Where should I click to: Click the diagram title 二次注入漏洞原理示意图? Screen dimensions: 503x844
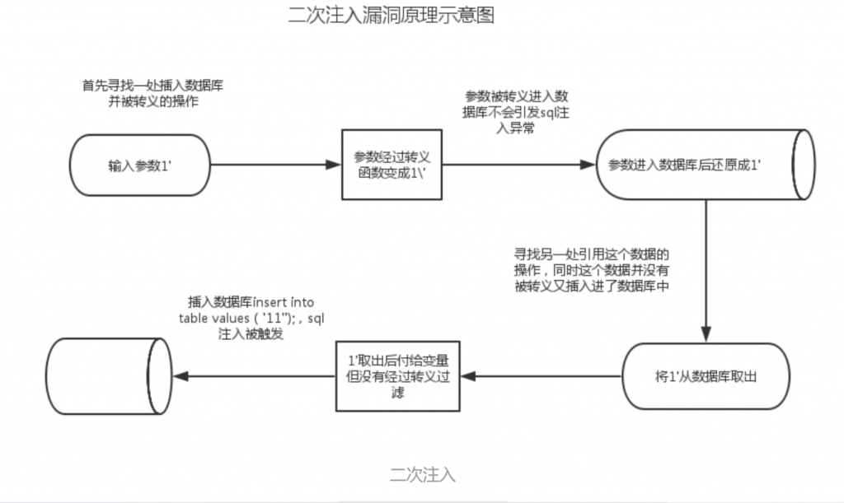click(392, 15)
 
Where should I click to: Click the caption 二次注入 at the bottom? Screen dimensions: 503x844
click(422, 474)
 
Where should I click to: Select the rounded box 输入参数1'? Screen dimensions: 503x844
click(138, 165)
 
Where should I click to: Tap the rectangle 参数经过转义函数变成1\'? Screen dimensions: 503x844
click(393, 164)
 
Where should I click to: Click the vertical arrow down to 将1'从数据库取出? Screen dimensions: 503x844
click(706, 272)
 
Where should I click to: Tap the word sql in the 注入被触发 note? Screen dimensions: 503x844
click(316, 319)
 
